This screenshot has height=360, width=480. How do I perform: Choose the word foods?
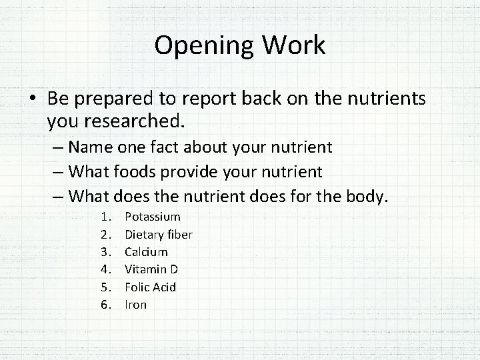tap(134, 172)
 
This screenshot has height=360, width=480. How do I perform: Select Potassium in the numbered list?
tap(153, 217)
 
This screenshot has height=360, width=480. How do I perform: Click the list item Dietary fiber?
tap(159, 234)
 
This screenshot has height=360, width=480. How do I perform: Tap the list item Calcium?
tap(147, 252)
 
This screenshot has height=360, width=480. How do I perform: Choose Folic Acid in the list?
tap(151, 287)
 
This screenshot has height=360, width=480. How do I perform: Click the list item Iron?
tap(136, 305)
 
